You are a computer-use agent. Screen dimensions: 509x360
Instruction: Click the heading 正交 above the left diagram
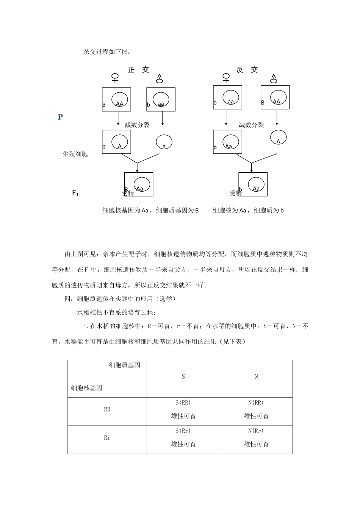[x=138, y=70]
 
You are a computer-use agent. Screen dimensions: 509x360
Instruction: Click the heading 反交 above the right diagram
[x=247, y=70]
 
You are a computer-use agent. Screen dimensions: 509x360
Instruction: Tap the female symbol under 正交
[x=115, y=78]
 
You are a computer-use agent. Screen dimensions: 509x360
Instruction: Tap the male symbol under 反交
[x=274, y=78]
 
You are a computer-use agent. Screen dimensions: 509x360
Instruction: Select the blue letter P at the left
[x=60, y=117]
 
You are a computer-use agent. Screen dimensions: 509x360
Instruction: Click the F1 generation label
[x=75, y=193]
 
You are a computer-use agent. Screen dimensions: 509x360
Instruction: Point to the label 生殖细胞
[x=75, y=154]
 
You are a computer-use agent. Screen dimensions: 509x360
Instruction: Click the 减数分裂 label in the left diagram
[x=137, y=125]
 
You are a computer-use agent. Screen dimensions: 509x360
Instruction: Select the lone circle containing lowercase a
[x=164, y=142]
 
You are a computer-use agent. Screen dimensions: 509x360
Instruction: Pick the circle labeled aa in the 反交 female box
[x=230, y=97]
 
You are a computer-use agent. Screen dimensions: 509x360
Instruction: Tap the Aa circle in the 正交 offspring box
[x=142, y=184]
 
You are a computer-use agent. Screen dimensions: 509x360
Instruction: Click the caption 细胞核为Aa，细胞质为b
[x=248, y=211]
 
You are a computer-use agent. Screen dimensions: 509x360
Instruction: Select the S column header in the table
[x=183, y=377]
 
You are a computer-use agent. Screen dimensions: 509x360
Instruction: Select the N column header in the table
[x=256, y=377]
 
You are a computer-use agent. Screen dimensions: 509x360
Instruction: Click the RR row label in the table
[x=107, y=409]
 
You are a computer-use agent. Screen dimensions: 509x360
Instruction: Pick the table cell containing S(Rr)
[x=183, y=437]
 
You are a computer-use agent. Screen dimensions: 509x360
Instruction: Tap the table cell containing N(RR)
[x=256, y=409]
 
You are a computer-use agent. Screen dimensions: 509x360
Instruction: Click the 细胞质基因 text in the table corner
[x=125, y=365]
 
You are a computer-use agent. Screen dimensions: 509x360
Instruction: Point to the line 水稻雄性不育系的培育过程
[x=116, y=312]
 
